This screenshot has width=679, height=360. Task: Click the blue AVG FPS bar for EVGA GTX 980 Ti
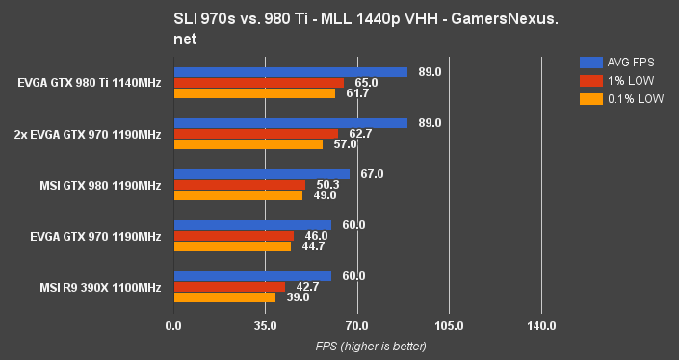pyautogui.click(x=290, y=72)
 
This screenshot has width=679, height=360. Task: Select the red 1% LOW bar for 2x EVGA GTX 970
pyautogui.click(x=255, y=134)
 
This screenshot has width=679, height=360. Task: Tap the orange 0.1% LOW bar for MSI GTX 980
pyautogui.click(x=237, y=195)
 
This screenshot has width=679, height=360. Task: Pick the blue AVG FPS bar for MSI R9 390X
pyautogui.click(x=251, y=276)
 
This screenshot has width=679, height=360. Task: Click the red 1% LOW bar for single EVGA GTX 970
pyautogui.click(x=233, y=236)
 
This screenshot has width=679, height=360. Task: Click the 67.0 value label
pyautogui.click(x=372, y=174)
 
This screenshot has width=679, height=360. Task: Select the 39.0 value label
pyautogui.click(x=298, y=297)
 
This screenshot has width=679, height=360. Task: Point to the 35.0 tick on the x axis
pyautogui.click(x=265, y=327)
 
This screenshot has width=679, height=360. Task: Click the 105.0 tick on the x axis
pyautogui.click(x=449, y=327)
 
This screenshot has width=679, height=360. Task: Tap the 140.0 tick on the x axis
pyautogui.click(x=541, y=327)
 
